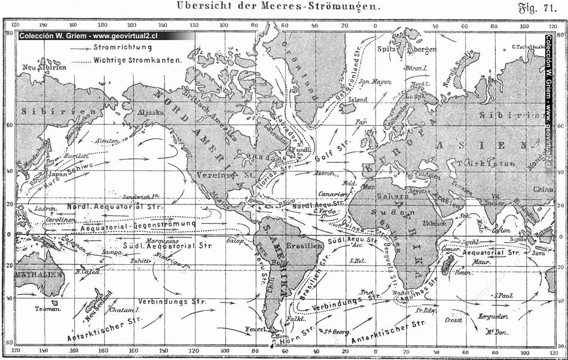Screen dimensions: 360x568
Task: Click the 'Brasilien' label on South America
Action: (298, 246)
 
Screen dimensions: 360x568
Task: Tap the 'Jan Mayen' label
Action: (376, 81)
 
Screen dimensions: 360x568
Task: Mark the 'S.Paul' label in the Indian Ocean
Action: (505, 296)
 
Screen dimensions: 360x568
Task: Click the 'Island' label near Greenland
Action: (358, 100)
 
